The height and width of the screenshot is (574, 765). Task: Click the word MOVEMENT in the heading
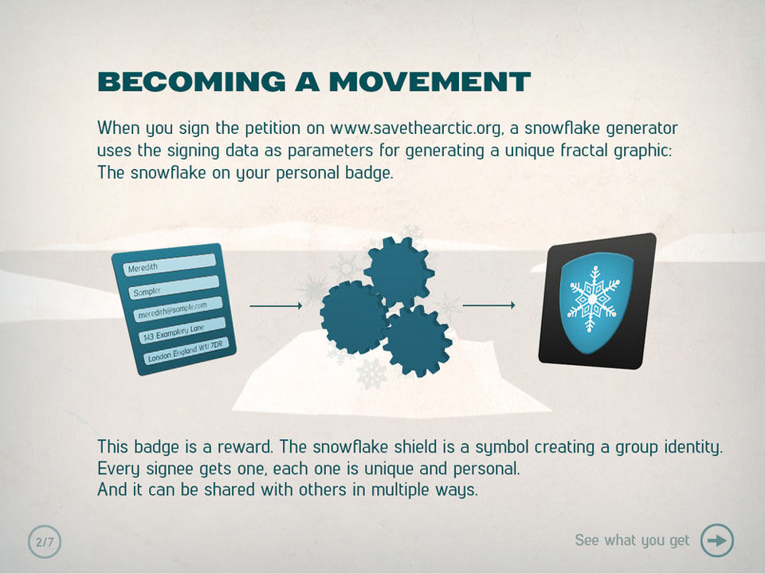(x=430, y=81)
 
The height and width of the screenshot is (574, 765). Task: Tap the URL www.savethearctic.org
(x=416, y=128)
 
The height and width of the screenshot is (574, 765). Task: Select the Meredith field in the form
(x=169, y=265)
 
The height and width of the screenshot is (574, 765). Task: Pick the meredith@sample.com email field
(x=178, y=309)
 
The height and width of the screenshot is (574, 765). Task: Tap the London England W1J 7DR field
(x=186, y=351)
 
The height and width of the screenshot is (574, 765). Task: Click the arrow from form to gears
(x=277, y=305)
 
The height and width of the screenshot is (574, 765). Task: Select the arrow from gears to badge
(x=488, y=305)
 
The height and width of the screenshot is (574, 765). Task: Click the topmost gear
(x=398, y=271)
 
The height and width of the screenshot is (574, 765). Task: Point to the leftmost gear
(x=355, y=318)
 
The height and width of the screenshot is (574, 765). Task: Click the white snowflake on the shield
(x=593, y=299)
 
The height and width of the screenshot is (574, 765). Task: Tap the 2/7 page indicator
(x=45, y=541)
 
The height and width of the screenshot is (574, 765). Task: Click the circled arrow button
(x=717, y=541)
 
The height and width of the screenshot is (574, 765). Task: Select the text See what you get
(x=632, y=541)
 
